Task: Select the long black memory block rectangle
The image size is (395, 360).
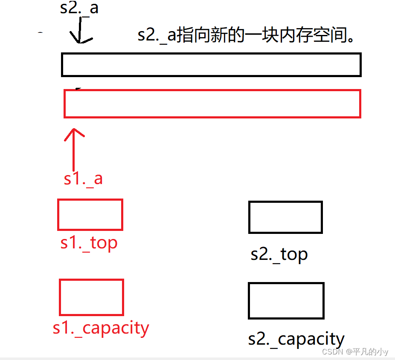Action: point(211,65)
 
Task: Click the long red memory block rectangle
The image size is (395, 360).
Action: point(212,104)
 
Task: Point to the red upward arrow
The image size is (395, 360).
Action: point(74,149)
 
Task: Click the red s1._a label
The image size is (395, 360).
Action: point(83,178)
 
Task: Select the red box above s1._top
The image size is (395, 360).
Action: point(90,215)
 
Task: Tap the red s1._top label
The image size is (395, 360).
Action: point(89,243)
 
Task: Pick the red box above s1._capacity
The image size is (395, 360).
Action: point(91,297)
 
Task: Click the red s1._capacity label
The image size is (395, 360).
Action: point(101,328)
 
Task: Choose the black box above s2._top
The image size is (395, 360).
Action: point(285,217)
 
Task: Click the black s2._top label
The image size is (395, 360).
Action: point(279,254)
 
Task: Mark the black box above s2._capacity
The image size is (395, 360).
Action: point(286,300)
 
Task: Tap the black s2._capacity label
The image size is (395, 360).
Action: point(296,340)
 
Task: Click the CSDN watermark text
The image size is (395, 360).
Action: point(333,352)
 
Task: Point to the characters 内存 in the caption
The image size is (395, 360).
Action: point(295,36)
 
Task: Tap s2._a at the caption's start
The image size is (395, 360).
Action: point(157,36)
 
